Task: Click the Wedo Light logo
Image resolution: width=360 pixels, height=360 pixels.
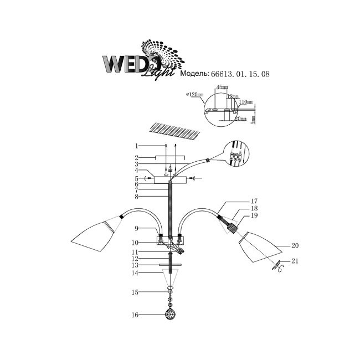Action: coord(138,63)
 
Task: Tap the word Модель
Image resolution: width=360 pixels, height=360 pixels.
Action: coord(193,73)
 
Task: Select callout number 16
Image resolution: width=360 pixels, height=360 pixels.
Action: coord(135,315)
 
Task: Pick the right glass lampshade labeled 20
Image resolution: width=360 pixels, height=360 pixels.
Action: coord(258,248)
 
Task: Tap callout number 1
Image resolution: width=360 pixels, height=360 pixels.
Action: coord(135,146)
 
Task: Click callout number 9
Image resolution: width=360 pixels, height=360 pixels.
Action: coord(135,228)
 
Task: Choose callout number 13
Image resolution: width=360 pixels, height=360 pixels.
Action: coord(135,265)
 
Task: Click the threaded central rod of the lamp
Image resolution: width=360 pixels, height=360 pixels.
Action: coord(171,210)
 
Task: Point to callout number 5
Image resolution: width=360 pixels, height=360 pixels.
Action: coord(135,178)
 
